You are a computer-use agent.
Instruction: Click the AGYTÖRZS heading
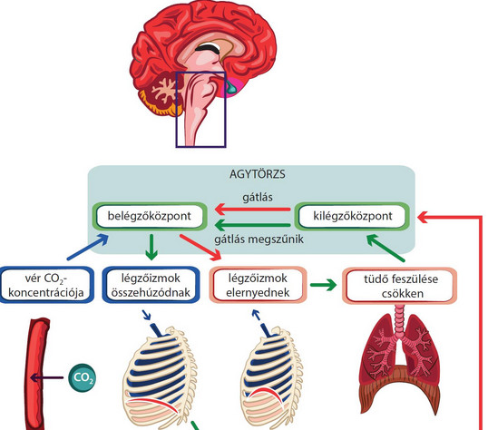coord(257,174)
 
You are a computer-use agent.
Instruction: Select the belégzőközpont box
coord(150,216)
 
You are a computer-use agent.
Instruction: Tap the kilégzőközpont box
coord(352,216)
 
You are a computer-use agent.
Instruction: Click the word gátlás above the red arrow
coord(258,198)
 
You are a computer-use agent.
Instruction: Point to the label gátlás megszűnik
coord(259,239)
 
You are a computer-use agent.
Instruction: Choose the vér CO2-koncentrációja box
coord(46,285)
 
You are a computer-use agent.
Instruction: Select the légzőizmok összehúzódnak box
coord(151,285)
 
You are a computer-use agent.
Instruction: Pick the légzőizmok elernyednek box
coord(258,285)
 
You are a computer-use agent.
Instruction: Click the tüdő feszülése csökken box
coord(400,286)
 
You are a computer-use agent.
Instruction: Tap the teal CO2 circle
coord(83,377)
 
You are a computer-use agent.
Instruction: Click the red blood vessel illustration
coord(37,374)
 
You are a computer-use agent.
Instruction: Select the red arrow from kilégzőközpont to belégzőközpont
coord(253,209)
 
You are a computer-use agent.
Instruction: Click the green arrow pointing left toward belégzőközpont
coord(253,225)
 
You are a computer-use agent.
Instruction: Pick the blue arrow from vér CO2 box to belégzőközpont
coord(88,248)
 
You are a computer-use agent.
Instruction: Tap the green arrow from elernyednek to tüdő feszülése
coord(323,285)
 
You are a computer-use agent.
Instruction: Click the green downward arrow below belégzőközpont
coord(151,247)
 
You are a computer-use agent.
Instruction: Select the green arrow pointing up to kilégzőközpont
coord(386,249)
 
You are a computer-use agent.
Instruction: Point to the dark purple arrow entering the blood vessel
coord(46,378)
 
